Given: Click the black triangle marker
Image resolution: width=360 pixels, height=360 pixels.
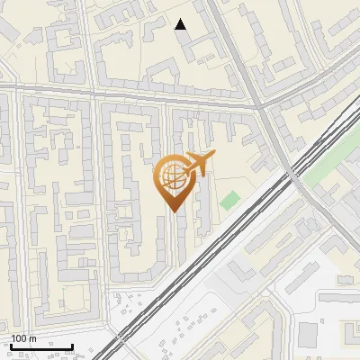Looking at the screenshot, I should coord(182,25).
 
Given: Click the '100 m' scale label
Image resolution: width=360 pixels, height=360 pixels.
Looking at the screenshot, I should coord(22,338).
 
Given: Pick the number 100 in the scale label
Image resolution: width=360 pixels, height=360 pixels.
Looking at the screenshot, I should coord(18,338).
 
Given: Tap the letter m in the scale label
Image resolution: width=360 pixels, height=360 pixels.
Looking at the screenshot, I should coord(32,338).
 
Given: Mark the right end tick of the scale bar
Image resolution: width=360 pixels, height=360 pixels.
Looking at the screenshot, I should coord(72,345).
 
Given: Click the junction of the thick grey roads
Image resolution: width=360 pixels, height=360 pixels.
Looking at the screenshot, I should coord(260,107).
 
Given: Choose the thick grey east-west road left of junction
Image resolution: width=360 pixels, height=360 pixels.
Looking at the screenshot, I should coord(135,95).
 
